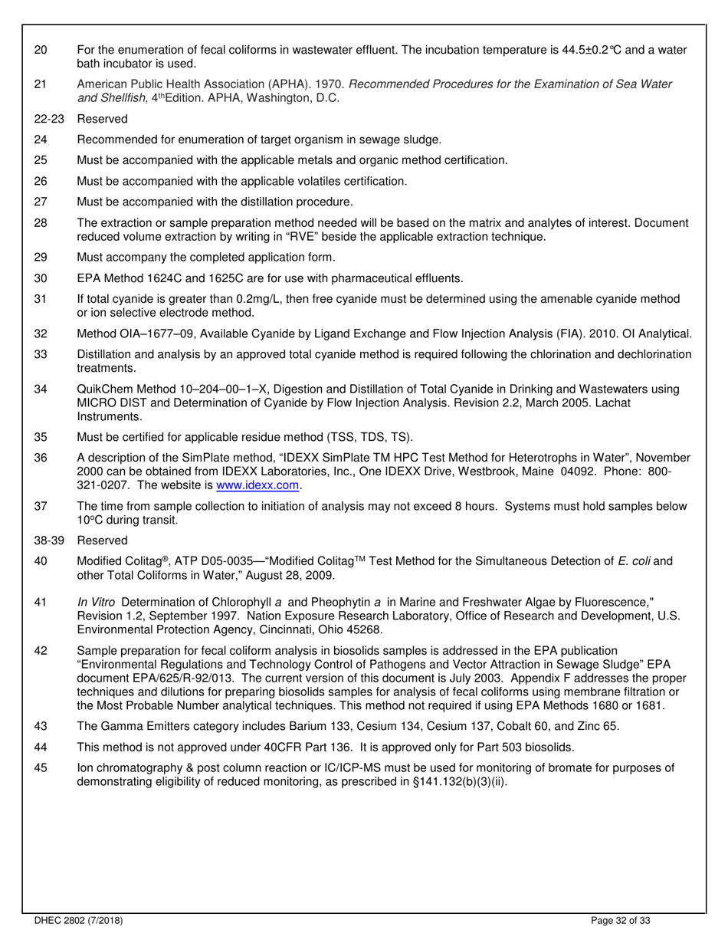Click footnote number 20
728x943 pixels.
pyautogui.click(x=41, y=50)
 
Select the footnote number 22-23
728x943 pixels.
pyautogui.click(x=49, y=119)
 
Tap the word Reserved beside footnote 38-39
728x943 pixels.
pyautogui.click(x=103, y=540)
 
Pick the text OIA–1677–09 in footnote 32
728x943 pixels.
pyautogui.click(x=153, y=333)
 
